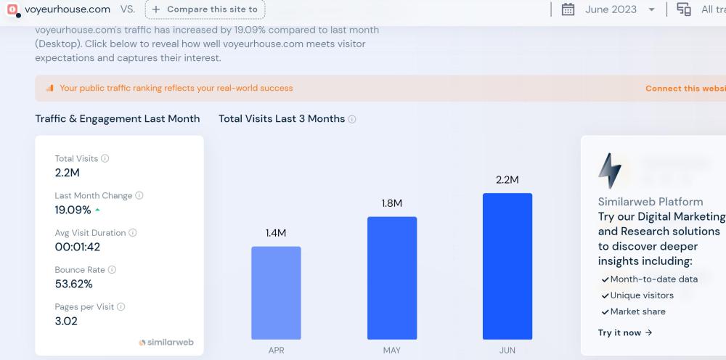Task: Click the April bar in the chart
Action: point(276,292)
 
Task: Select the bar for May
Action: point(392,278)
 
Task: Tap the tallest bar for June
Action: point(507,266)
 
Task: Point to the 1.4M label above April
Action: point(276,233)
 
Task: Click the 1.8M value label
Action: point(392,203)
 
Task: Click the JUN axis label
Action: point(507,351)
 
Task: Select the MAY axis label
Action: point(392,351)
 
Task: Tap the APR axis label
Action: point(276,351)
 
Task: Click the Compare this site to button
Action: point(205,9)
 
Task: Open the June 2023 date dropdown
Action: point(651,9)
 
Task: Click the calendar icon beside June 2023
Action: point(568,9)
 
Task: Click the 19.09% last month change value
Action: point(73,210)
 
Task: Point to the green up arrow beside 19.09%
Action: point(97,210)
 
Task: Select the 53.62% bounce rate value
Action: point(74,284)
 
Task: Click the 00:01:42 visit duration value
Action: point(78,247)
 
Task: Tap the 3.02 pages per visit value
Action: point(66,321)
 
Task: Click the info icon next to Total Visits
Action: point(105,158)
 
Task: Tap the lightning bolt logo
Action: point(609,171)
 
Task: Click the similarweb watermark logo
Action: point(166,342)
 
